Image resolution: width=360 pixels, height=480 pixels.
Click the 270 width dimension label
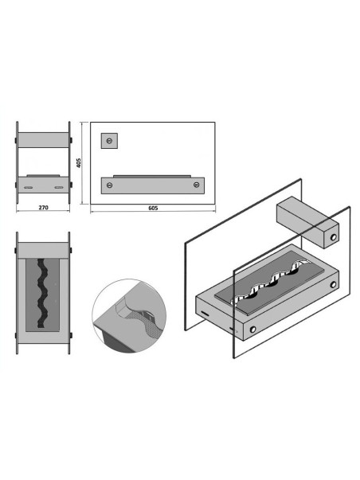click(44, 208)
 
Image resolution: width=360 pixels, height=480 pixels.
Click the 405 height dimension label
click(79, 162)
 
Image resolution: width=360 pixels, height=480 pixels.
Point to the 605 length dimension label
click(153, 209)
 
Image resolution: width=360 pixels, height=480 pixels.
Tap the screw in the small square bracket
click(109, 141)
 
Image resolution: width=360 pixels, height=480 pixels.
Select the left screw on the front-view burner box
click(109, 185)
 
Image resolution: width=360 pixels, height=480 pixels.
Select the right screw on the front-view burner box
click(197, 185)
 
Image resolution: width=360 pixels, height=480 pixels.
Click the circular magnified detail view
click(129, 315)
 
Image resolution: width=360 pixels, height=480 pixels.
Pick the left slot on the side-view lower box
click(28, 187)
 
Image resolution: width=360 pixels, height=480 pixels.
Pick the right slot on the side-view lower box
click(58, 187)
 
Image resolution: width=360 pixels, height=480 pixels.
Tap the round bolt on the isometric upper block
click(333, 237)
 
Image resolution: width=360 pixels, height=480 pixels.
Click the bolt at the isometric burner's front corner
click(252, 330)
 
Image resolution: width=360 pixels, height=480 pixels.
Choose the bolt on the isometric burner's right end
click(333, 285)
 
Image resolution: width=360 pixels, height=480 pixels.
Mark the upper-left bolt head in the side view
click(16, 140)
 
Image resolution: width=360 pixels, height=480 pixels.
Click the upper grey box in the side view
click(43, 140)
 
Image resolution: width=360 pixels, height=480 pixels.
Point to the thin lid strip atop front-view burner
click(152, 177)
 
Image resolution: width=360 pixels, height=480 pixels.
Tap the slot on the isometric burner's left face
click(205, 314)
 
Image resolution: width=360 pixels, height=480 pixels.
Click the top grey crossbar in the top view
click(43, 251)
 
